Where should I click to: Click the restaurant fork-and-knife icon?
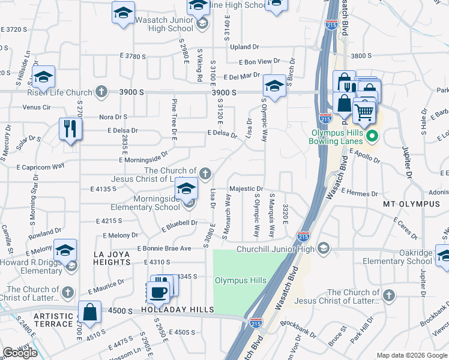71,128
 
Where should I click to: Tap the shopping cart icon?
364,111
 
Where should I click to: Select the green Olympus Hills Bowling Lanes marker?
373,136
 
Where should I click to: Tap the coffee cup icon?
158,292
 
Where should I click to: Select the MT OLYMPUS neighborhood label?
411,204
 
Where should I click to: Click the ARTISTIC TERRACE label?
54,319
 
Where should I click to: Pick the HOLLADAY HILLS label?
177,310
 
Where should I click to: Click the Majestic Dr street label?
246,188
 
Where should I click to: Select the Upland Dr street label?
244,46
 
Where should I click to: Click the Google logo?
20,353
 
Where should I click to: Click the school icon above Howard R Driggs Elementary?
65,250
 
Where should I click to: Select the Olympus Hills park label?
240,280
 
